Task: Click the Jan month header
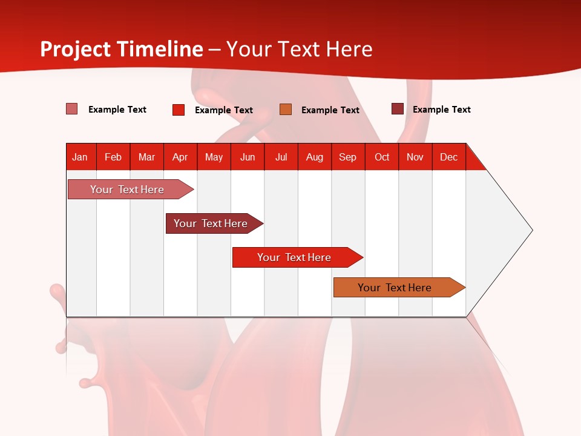click(x=80, y=157)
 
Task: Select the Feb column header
click(x=113, y=157)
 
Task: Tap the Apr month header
click(x=180, y=157)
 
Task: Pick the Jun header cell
click(x=248, y=157)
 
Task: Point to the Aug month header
click(x=314, y=157)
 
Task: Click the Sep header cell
click(x=347, y=157)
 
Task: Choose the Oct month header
click(x=382, y=157)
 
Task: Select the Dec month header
click(x=448, y=157)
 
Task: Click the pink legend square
click(x=72, y=109)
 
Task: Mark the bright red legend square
click(x=179, y=110)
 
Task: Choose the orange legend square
click(x=286, y=110)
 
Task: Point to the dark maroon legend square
click(x=397, y=109)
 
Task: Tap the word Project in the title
click(x=75, y=49)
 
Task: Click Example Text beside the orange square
click(x=330, y=110)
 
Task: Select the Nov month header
click(x=415, y=157)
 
